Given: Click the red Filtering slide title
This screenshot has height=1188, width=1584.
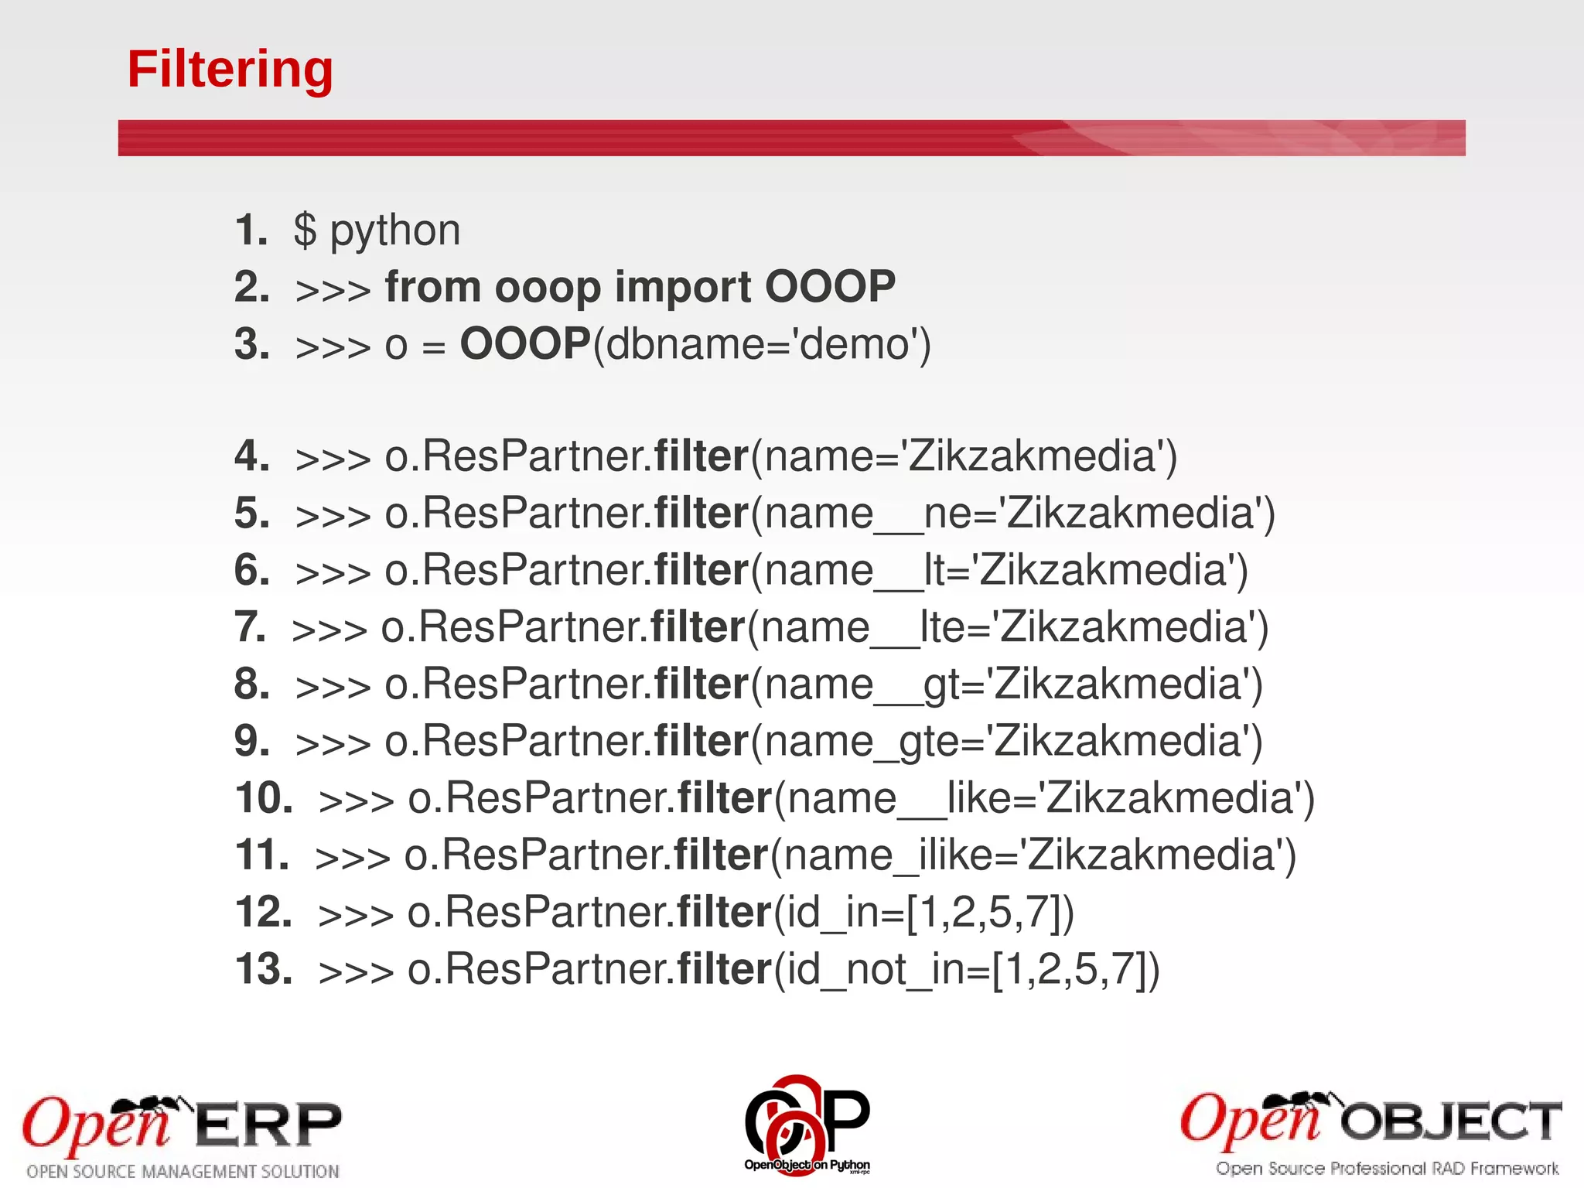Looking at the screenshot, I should (x=230, y=70).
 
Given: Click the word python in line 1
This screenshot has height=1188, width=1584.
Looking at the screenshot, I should (x=395, y=230).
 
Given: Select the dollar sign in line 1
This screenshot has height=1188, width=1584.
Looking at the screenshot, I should (x=305, y=230).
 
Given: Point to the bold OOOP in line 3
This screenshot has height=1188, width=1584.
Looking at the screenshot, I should (x=525, y=343).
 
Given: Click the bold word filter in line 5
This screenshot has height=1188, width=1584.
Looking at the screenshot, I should (x=702, y=514).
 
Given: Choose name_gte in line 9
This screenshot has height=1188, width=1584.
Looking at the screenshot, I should (x=872, y=741).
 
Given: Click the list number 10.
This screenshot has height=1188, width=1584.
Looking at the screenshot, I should (x=263, y=798).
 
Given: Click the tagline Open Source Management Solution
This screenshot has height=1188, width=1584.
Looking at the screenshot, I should (x=183, y=1171).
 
